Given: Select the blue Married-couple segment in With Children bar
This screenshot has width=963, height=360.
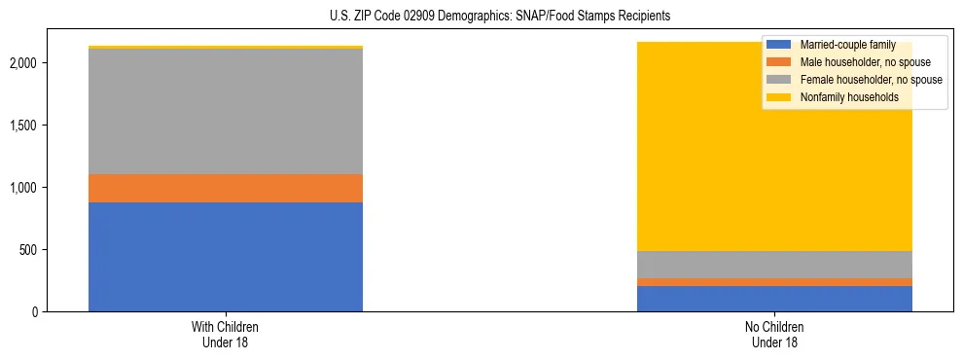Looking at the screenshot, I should coord(226,257).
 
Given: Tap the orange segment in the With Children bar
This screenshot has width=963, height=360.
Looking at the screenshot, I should coord(226,188).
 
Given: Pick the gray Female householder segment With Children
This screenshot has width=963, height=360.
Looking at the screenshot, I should coord(226,111).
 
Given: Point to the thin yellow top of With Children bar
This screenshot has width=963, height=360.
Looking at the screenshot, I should coord(226,47).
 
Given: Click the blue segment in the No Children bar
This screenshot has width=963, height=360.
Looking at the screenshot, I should coord(774,299).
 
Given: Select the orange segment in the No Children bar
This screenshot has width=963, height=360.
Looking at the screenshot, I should coord(774,282).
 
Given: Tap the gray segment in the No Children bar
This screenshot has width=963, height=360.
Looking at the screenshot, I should coord(774,265).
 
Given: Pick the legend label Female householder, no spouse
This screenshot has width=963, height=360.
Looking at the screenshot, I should coord(870,80).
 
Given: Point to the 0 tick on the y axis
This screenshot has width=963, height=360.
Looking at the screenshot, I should coord(37,312).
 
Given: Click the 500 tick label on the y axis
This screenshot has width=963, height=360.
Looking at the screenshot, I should coord(31,250).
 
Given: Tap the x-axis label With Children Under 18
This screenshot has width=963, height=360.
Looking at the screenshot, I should coord(226,335).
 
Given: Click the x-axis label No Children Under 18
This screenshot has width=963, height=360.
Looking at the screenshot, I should coord(774,335).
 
